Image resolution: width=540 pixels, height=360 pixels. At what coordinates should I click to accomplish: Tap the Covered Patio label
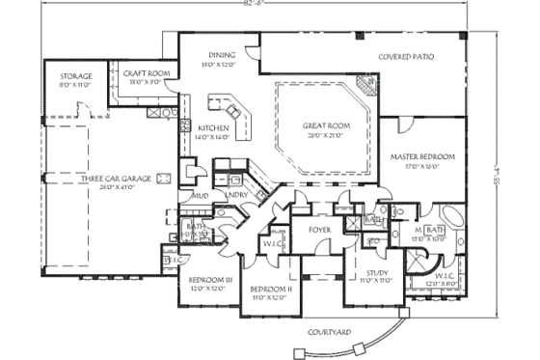click(406, 57)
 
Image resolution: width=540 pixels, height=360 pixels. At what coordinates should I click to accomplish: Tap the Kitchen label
click(212, 128)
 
